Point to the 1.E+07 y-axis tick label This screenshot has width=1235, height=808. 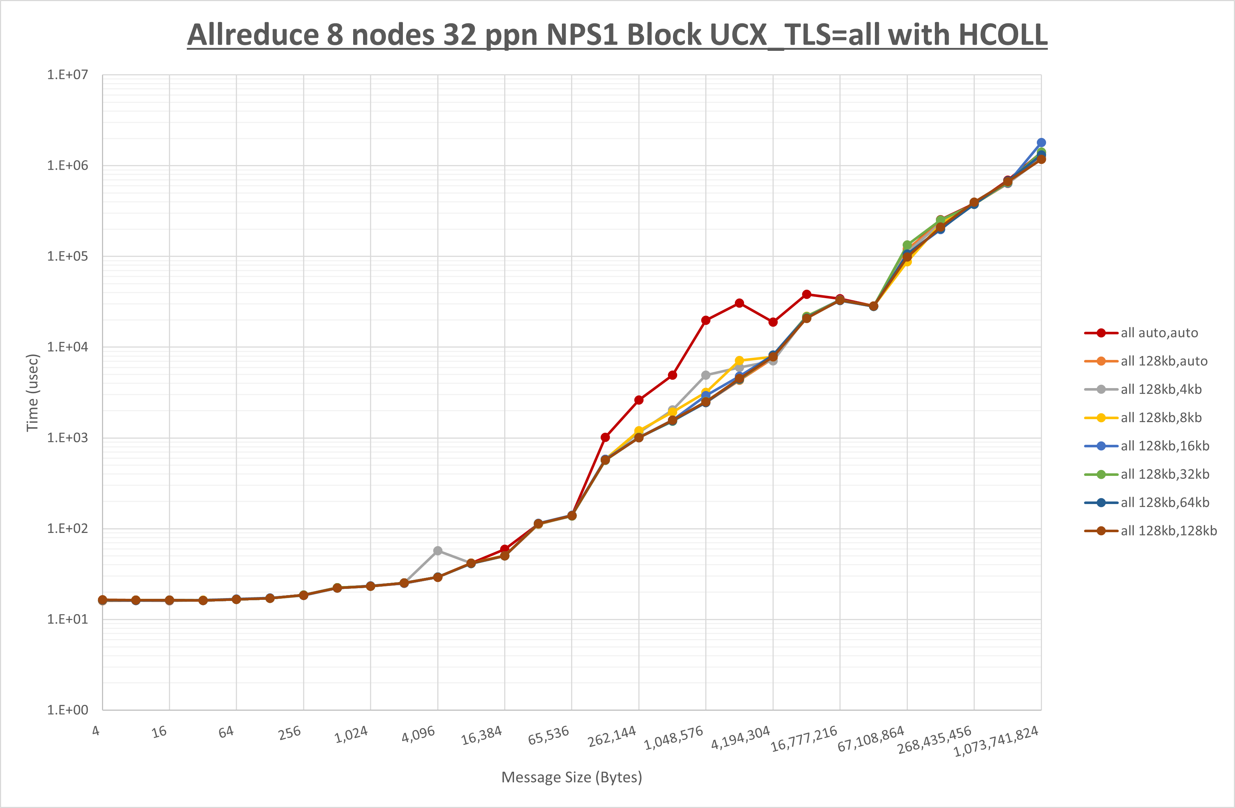click(68, 75)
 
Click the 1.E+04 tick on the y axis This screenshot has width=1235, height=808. click(68, 347)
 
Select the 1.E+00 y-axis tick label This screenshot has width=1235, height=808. click(68, 710)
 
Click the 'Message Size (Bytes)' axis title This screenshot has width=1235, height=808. click(571, 777)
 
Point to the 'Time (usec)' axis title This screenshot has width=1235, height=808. click(33, 392)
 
